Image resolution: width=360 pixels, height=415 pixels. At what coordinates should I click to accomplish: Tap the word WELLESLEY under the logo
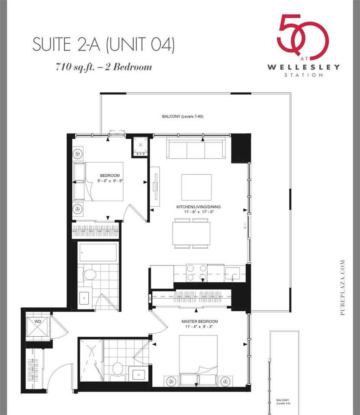click(x=303, y=67)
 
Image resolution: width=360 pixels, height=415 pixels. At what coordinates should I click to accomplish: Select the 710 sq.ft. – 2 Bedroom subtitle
click(x=103, y=67)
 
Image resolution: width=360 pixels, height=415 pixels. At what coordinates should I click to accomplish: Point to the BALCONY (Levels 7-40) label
click(x=180, y=117)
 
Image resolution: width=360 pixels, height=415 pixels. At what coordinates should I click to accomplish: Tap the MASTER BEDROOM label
click(x=199, y=322)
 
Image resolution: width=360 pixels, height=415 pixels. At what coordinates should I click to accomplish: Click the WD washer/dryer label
click(x=38, y=322)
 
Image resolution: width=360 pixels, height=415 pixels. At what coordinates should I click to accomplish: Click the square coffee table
click(x=196, y=187)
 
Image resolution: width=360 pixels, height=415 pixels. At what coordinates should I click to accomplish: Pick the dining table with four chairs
click(x=191, y=233)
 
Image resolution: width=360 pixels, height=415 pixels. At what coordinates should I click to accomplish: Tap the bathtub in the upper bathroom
click(x=98, y=252)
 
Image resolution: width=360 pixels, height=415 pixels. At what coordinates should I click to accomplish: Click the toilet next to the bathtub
click(x=90, y=274)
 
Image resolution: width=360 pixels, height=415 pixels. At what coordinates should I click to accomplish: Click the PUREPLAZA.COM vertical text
click(x=343, y=287)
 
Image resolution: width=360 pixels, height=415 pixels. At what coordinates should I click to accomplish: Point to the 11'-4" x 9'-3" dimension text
click(x=199, y=327)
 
